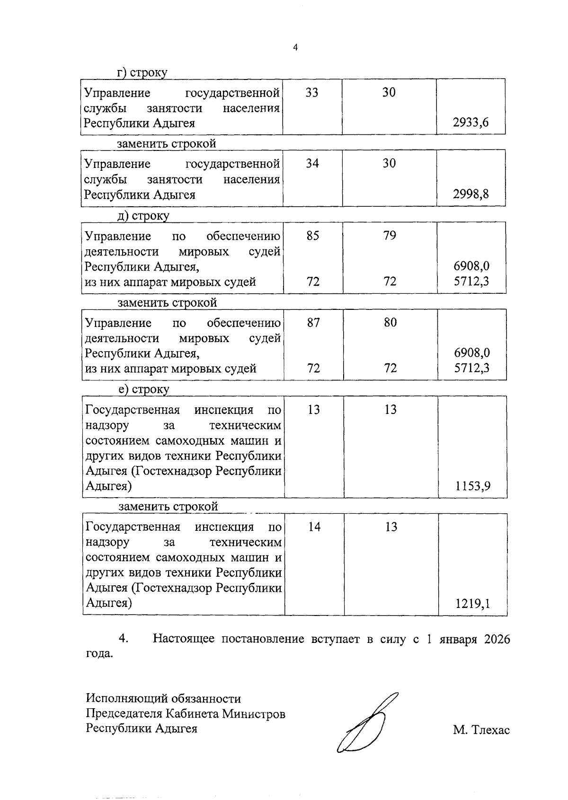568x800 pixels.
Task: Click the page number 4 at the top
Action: tap(295, 47)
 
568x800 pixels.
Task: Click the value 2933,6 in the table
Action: tap(470, 123)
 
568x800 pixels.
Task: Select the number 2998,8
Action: tap(470, 194)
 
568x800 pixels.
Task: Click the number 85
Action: tap(312, 236)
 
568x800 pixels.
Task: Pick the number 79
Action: tap(390, 236)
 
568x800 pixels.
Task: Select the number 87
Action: tap(313, 323)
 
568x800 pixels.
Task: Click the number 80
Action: tap(390, 323)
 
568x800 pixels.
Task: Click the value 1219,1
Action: tap(472, 604)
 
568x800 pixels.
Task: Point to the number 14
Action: tap(314, 527)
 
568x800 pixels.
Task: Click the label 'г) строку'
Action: tap(142, 73)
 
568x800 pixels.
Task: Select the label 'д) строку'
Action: tap(143, 216)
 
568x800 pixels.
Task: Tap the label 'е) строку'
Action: tap(143, 389)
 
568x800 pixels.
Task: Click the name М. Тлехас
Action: tap(481, 730)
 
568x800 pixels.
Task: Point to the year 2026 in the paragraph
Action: tap(497, 640)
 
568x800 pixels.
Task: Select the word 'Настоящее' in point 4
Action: tap(183, 640)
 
